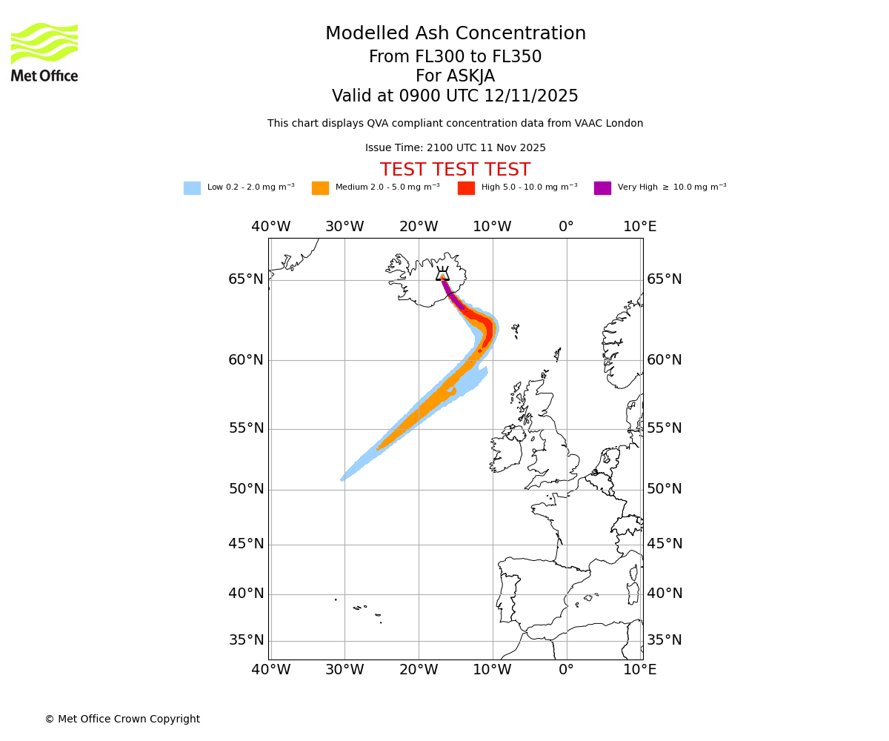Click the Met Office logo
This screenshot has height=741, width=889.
click(44, 52)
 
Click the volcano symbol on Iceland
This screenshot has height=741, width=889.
click(442, 273)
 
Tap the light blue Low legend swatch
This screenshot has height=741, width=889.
click(192, 188)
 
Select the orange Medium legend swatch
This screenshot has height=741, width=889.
click(320, 188)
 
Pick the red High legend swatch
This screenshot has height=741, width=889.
click(466, 188)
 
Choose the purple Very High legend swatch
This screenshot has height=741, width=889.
click(602, 188)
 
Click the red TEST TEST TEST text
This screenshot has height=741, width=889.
click(455, 170)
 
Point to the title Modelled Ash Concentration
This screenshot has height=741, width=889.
click(455, 33)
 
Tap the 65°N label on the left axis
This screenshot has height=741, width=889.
click(246, 279)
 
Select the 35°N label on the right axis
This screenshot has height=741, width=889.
click(665, 640)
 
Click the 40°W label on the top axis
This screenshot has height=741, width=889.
click(270, 227)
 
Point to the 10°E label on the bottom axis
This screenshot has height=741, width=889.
click(639, 670)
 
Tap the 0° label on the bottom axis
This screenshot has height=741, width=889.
click(566, 670)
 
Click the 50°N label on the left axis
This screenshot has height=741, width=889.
click(246, 489)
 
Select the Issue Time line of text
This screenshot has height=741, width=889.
click(455, 148)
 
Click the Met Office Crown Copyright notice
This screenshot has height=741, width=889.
click(122, 719)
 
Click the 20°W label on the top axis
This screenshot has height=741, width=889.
click(419, 227)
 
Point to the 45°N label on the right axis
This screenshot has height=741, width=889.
click(665, 544)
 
